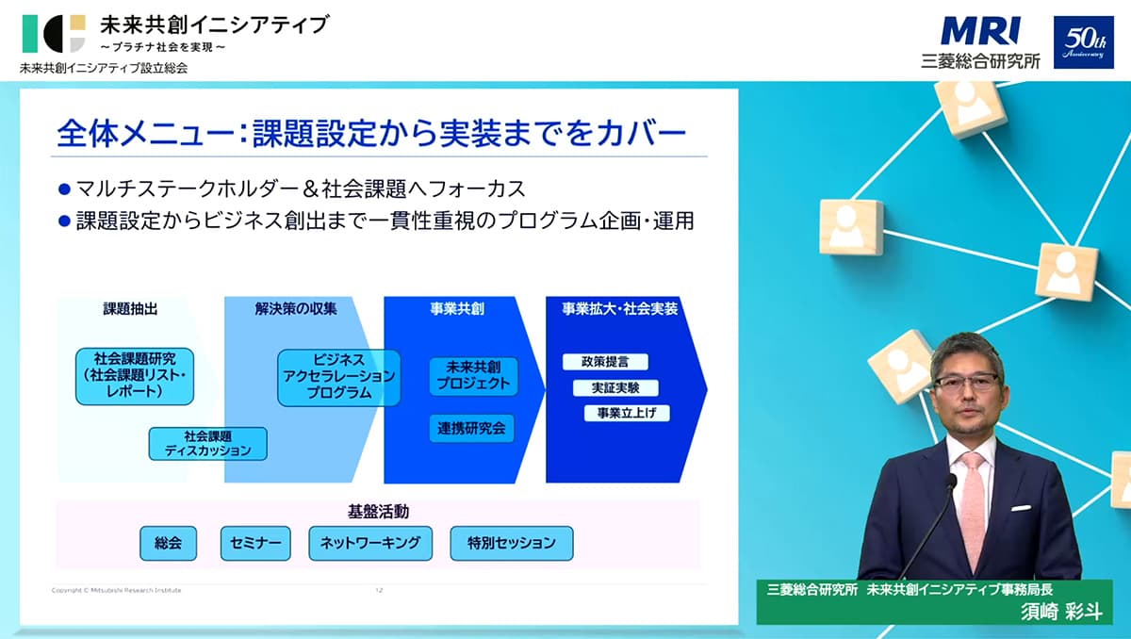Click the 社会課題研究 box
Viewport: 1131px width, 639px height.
(134, 376)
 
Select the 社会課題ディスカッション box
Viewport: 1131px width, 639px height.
(208, 444)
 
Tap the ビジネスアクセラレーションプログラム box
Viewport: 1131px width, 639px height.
(338, 378)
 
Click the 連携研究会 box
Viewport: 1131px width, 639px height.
(471, 428)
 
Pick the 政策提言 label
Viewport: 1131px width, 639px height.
(605, 362)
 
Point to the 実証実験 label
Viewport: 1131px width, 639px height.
(615, 387)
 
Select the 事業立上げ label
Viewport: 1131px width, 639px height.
(627, 413)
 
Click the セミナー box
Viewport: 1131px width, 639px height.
(255, 543)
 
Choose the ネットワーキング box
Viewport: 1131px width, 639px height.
(370, 543)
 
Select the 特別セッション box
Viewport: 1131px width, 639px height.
(511, 543)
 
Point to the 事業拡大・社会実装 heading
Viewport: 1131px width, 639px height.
(619, 308)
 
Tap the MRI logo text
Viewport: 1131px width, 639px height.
(980, 31)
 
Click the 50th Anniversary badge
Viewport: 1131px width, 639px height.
(1083, 43)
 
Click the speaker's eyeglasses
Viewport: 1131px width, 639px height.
(967, 383)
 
